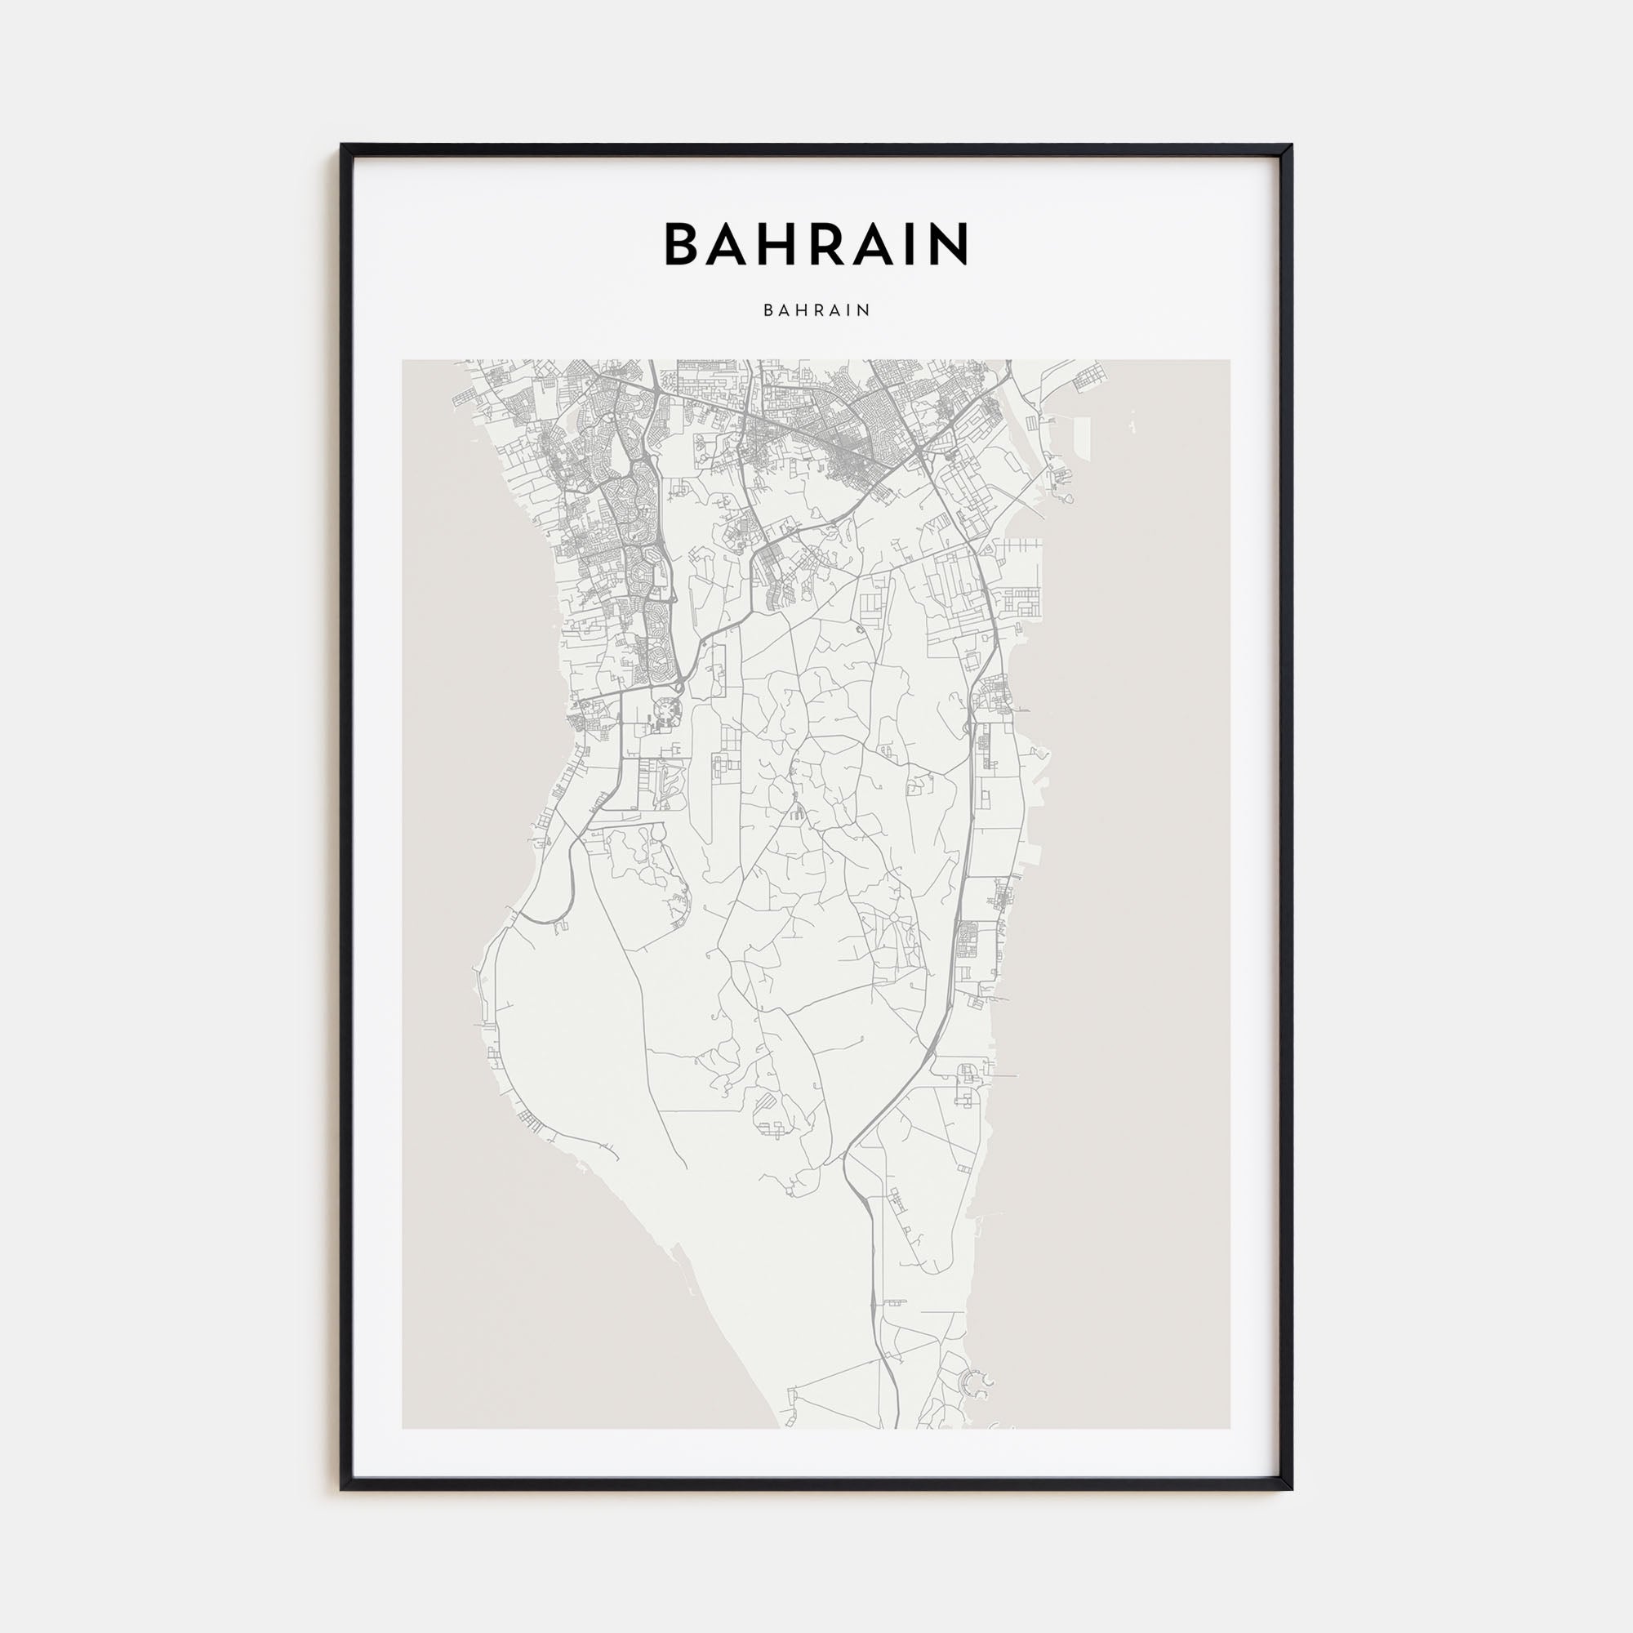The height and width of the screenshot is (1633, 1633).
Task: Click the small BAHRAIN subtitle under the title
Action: pyautogui.click(x=816, y=310)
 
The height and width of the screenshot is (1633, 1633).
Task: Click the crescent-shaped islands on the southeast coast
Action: pyautogui.click(x=981, y=1385)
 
